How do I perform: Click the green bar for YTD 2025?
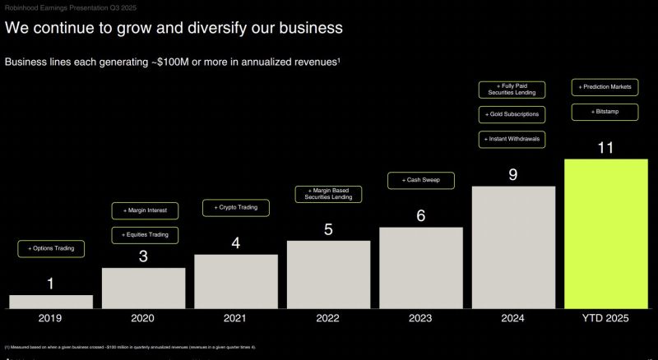pos(605,233)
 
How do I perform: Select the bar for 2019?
pos(51,301)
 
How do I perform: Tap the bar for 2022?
pos(328,274)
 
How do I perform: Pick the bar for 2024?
pos(513,247)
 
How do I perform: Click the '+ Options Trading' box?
pos(51,248)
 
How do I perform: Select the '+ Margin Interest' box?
pos(145,210)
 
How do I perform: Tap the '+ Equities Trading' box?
pos(145,235)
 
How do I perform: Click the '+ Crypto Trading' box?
pos(236,208)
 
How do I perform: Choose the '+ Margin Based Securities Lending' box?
pos(328,194)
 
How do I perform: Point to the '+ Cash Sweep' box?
pos(420,180)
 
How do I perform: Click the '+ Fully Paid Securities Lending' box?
pos(512,89)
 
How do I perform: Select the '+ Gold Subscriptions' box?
pos(512,114)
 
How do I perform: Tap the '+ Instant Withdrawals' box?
pos(512,139)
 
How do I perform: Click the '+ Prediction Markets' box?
pos(605,86)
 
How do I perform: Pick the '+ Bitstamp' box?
pos(605,111)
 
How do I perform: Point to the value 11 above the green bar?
pos(605,148)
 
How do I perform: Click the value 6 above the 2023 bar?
pos(420,216)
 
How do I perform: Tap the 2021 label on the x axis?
pos(234,318)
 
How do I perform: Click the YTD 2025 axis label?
pos(605,318)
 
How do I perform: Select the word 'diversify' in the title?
pos(205,29)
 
